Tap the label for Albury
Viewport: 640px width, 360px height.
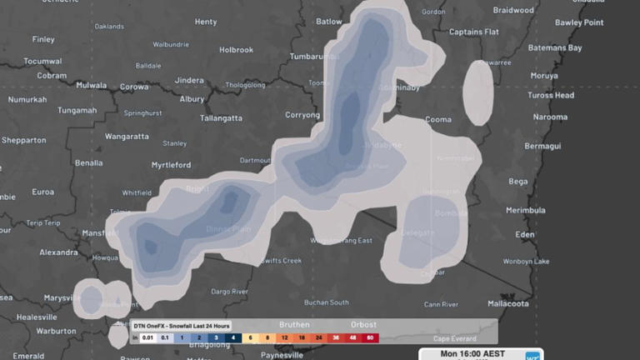(x=192, y=99)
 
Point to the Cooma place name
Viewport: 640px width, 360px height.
(x=437, y=120)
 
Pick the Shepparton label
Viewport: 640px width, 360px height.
(x=23, y=141)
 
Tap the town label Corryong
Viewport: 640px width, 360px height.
(x=302, y=115)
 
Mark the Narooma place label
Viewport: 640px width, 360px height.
(x=550, y=117)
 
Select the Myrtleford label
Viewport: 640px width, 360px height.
(x=171, y=165)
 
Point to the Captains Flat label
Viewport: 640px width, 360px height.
(x=474, y=32)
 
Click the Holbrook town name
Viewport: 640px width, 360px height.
(x=236, y=50)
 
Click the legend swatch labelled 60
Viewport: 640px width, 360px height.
(x=369, y=338)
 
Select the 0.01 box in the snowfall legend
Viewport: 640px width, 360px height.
(x=147, y=338)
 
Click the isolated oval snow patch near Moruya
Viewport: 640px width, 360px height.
(x=478, y=92)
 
